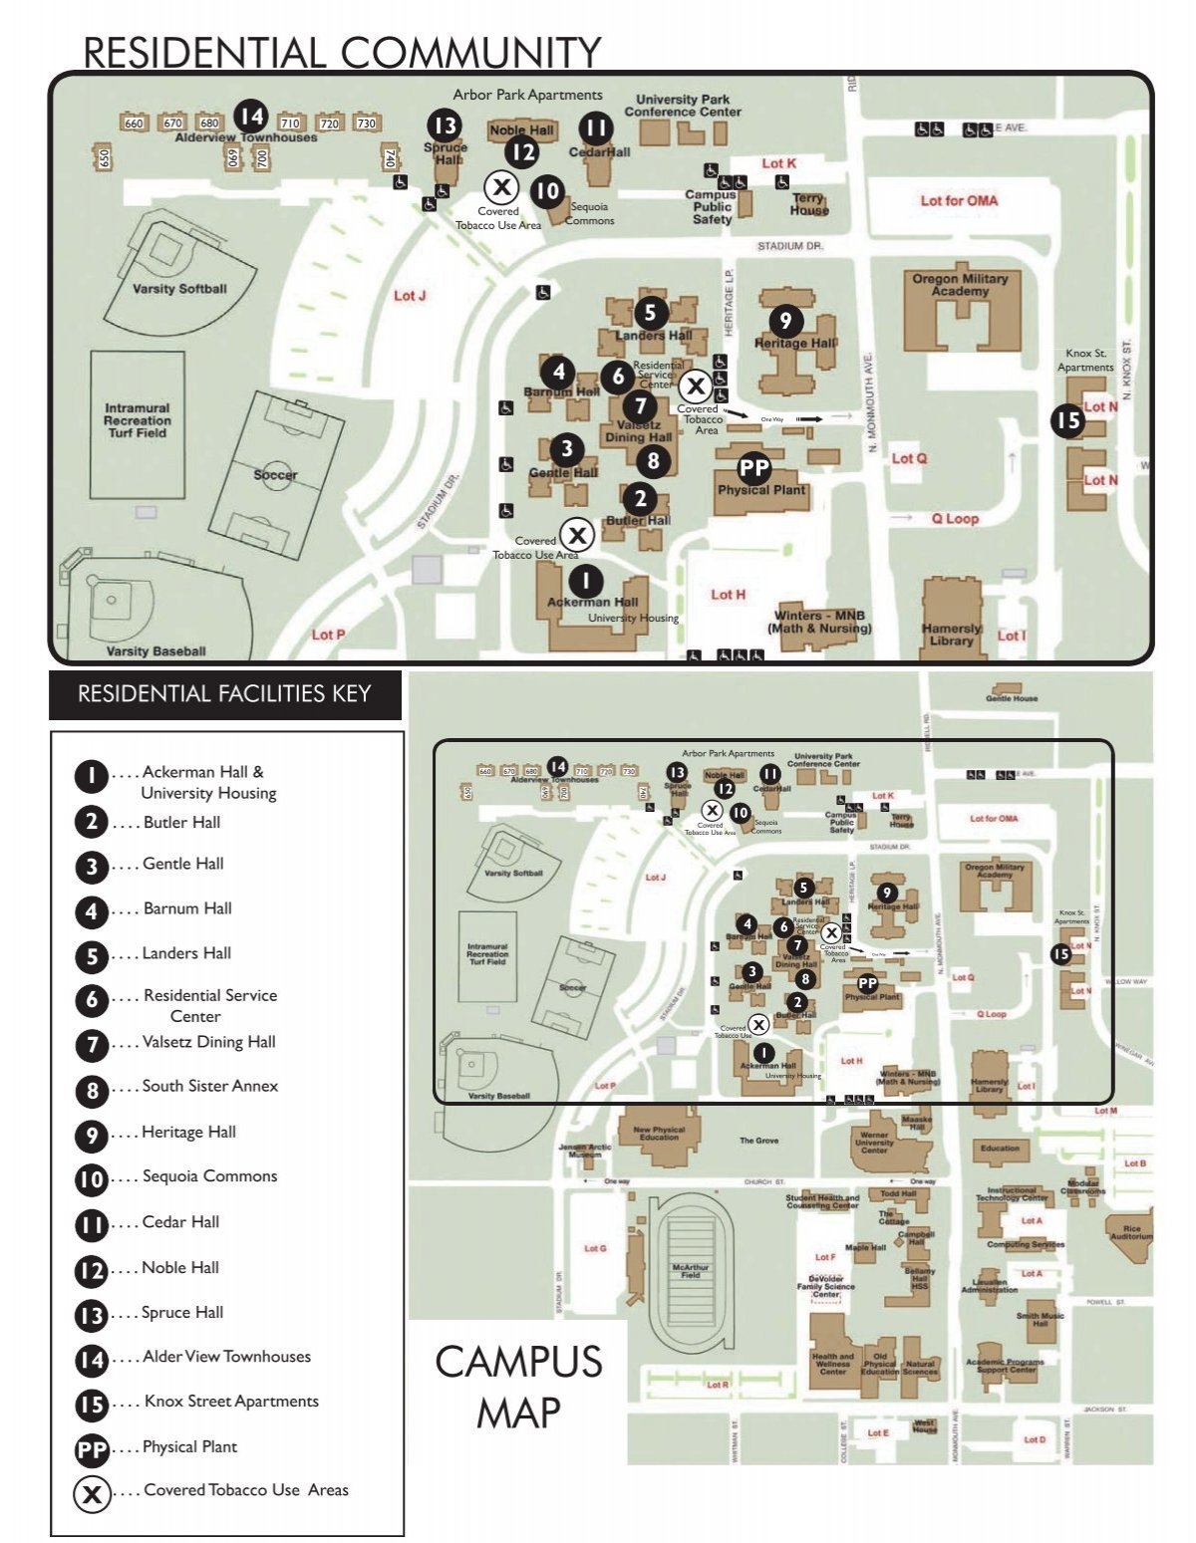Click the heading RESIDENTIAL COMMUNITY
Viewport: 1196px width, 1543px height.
(342, 52)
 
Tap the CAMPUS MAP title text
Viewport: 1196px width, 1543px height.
(518, 1386)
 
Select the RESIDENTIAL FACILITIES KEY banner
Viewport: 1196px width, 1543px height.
(224, 694)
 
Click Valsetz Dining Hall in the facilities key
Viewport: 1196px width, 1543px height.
(208, 1042)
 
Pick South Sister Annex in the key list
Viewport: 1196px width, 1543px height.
(209, 1086)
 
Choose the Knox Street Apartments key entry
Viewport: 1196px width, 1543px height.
(231, 1401)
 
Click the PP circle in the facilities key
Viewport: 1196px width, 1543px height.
(92, 1449)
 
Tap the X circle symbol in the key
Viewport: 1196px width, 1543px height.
(92, 1493)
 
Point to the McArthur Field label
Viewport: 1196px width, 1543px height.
(691, 1271)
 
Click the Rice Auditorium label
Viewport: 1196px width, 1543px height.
(1130, 1233)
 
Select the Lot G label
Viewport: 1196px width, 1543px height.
(595, 1248)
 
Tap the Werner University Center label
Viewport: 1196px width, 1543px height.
(874, 1142)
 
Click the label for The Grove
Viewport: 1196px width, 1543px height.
(758, 1141)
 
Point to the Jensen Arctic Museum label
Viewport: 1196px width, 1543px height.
(585, 1151)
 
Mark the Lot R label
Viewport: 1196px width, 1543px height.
(717, 1385)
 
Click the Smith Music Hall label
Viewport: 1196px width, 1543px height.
(1041, 1320)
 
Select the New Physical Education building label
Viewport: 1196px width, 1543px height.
(659, 1134)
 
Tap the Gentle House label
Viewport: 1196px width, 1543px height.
(1012, 698)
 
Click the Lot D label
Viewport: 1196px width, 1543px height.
(1035, 1439)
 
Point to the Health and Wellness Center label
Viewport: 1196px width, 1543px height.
(832, 1363)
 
